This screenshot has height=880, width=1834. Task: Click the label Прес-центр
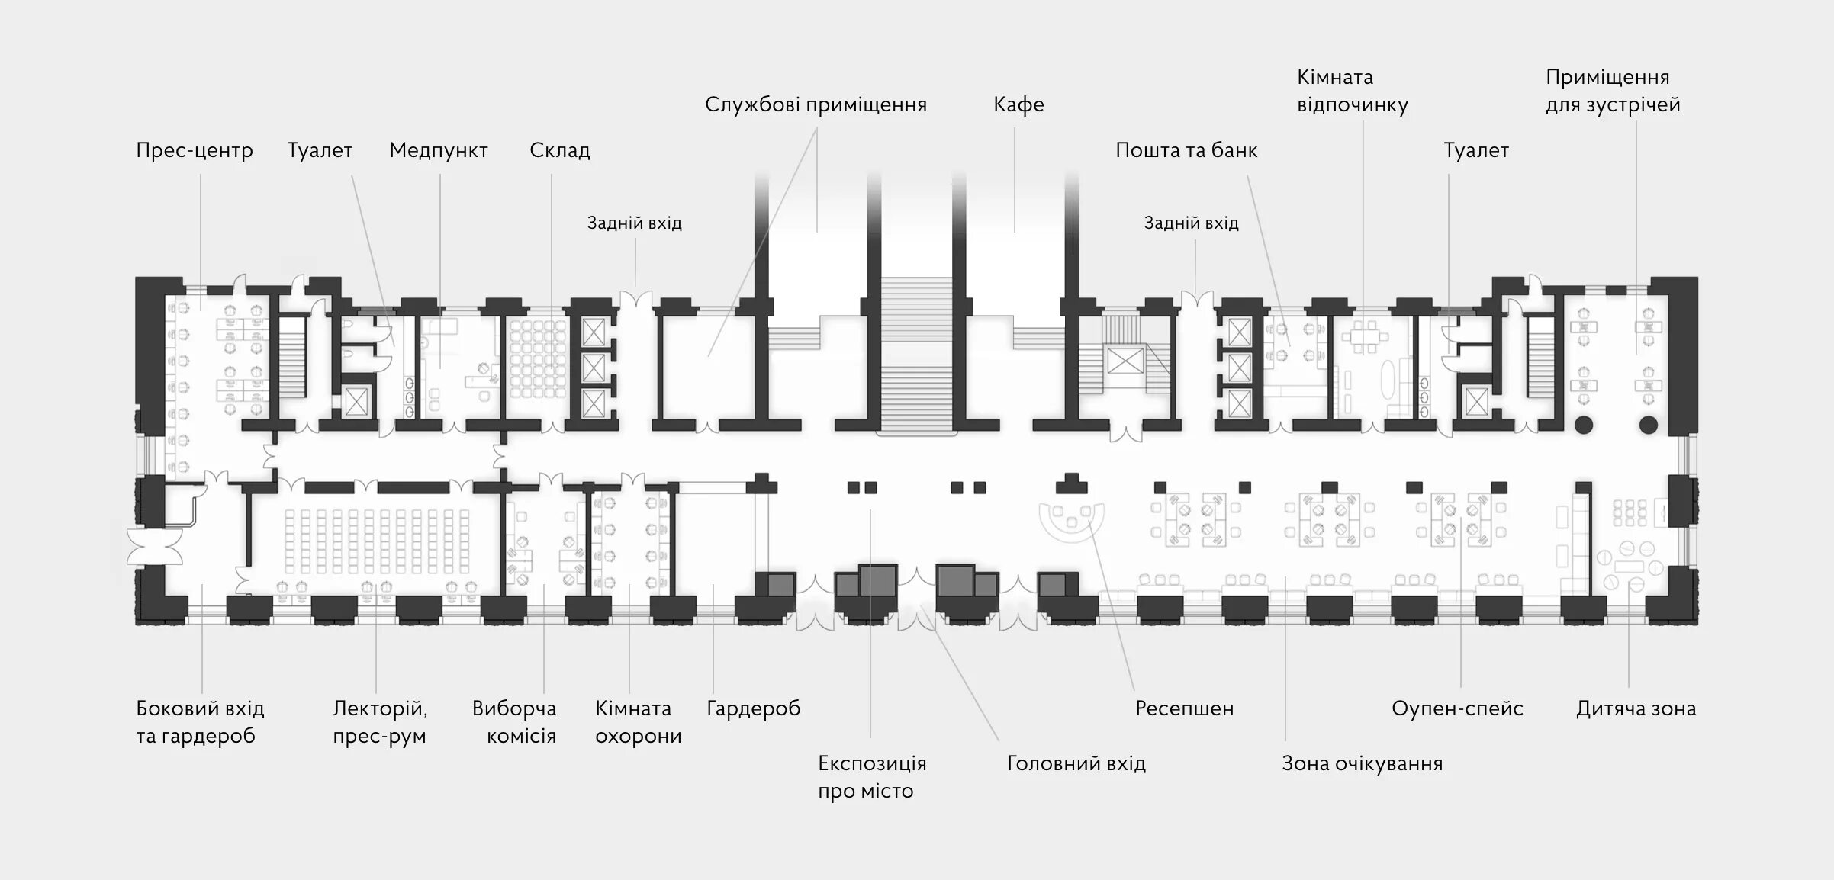point(194,150)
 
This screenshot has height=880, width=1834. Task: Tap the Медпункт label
point(438,150)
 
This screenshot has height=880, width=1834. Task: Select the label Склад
point(559,150)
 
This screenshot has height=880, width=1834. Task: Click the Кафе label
point(1018,104)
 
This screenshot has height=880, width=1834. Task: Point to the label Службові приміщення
point(815,104)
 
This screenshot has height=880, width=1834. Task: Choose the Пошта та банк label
point(1186,150)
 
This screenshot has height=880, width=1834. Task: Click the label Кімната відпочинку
point(1352,91)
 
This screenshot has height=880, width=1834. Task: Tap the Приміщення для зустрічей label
point(1612,91)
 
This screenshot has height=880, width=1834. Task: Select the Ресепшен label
point(1184,708)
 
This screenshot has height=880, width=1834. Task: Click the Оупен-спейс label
point(1456,708)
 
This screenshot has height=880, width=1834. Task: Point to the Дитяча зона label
point(1636,708)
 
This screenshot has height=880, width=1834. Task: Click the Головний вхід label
point(1076,763)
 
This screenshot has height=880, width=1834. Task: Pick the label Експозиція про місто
point(871,777)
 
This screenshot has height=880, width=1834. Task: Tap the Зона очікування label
point(1362,763)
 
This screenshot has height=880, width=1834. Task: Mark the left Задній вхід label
point(634,223)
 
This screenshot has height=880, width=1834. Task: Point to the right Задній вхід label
point(1191,223)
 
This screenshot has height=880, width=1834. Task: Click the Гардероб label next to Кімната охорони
point(753,708)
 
